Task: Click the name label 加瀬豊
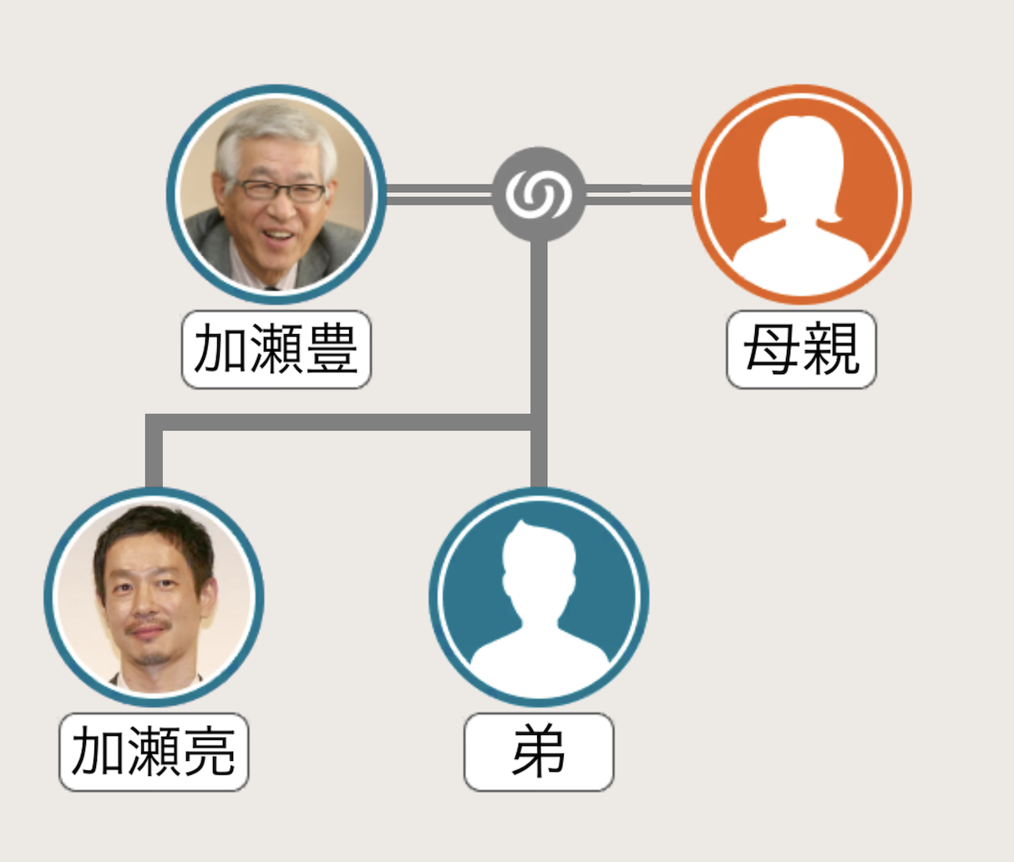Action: (276, 349)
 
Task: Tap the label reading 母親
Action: (801, 349)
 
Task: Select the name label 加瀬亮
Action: (154, 752)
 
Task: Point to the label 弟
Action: (539, 752)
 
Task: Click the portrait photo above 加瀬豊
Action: (276, 194)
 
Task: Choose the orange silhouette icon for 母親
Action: (801, 194)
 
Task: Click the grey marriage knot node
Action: (539, 194)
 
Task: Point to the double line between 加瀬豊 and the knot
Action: (439, 194)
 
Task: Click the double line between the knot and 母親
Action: (639, 194)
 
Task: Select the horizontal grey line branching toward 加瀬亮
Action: (334, 423)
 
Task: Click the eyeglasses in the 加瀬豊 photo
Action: (280, 190)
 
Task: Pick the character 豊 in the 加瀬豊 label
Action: (332, 349)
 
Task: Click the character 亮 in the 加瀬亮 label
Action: (210, 752)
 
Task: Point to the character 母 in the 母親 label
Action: (771, 349)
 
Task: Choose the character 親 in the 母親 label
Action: (830, 349)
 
